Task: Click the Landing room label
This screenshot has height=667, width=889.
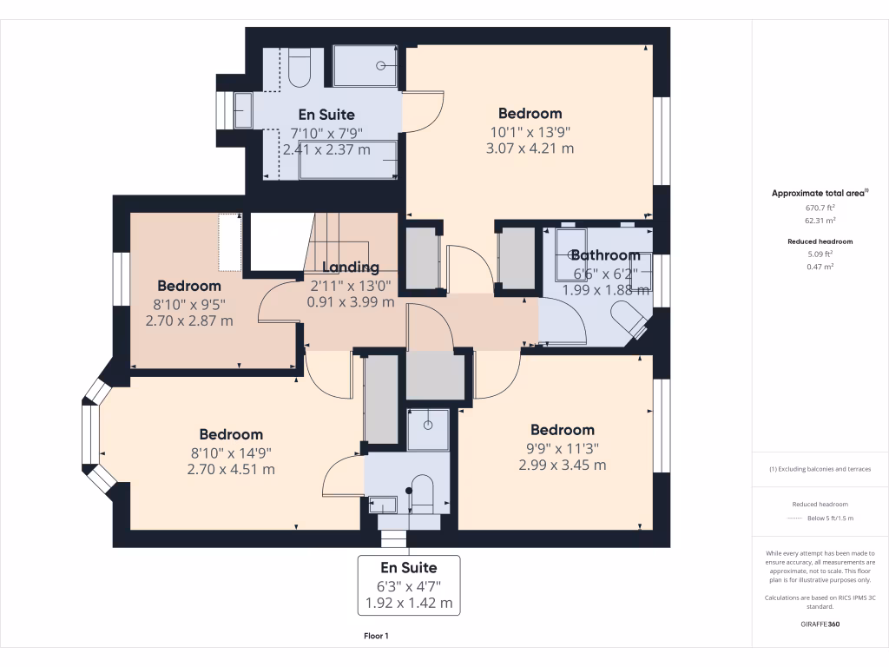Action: pyautogui.click(x=351, y=267)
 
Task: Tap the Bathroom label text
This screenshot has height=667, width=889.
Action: pyautogui.click(x=605, y=255)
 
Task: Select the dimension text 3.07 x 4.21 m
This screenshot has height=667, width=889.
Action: pyautogui.click(x=530, y=149)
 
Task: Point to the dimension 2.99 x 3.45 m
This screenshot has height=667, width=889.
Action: pyautogui.click(x=563, y=465)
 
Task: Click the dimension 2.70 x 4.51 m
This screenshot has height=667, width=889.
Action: pyautogui.click(x=231, y=469)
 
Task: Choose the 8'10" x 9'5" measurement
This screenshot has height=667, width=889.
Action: pyautogui.click(x=188, y=303)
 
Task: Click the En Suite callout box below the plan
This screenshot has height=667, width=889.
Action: pyautogui.click(x=409, y=585)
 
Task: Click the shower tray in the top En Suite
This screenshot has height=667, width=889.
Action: pyautogui.click(x=365, y=66)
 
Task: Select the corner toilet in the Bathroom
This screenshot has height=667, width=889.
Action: pyautogui.click(x=630, y=319)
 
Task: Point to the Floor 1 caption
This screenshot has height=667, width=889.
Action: pyautogui.click(x=376, y=637)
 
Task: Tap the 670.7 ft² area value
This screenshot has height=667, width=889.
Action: pyautogui.click(x=820, y=208)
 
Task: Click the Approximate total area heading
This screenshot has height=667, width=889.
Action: pyautogui.click(x=820, y=193)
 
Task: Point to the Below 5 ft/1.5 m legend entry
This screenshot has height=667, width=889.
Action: pyautogui.click(x=831, y=518)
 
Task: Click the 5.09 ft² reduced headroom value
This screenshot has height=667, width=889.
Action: pyautogui.click(x=820, y=254)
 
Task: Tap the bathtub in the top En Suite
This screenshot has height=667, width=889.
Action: pyautogui.click(x=348, y=161)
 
